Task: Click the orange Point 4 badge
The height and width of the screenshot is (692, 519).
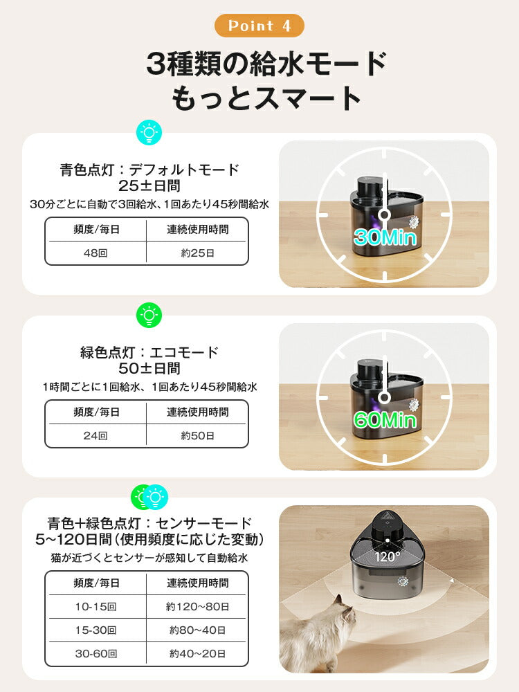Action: click(259, 26)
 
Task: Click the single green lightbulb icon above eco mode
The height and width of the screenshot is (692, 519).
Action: click(148, 315)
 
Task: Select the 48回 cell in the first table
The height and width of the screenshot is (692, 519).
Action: click(96, 253)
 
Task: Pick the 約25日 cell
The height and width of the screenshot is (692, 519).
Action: click(197, 253)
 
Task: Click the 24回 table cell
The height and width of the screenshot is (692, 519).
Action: click(96, 435)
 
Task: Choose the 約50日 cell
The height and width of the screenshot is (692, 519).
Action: click(197, 435)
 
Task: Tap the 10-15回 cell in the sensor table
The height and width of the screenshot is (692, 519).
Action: click(96, 606)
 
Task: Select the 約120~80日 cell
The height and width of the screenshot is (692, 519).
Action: click(197, 606)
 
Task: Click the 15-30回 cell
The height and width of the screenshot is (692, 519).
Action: click(96, 630)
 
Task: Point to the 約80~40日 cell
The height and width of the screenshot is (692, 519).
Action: click(197, 630)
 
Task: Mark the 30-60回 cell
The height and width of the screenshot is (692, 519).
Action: click(96, 653)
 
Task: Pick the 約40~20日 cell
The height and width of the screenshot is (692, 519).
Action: click(197, 653)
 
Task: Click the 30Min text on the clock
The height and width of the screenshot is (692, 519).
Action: click(385, 237)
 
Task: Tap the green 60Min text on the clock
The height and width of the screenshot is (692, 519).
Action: click(385, 419)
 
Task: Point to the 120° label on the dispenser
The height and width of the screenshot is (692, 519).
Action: click(388, 556)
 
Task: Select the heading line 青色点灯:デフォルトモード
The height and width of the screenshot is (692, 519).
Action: click(149, 170)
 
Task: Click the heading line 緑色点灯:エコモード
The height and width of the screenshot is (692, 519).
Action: click(149, 352)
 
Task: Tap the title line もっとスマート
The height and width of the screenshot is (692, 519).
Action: click(266, 98)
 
